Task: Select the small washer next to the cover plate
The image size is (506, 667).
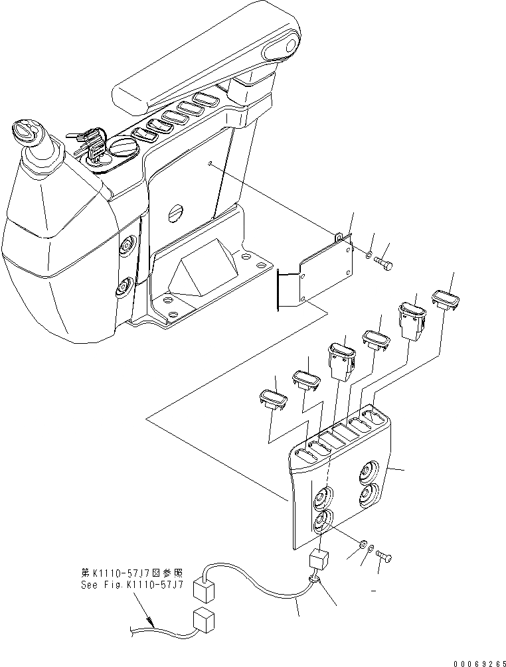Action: click(x=369, y=255)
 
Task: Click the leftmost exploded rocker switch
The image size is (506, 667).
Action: click(x=272, y=400)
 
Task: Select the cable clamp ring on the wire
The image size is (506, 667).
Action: click(x=313, y=581)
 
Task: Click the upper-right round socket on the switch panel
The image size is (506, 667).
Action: click(x=368, y=473)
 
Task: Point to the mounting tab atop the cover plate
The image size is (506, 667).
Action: click(x=339, y=235)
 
